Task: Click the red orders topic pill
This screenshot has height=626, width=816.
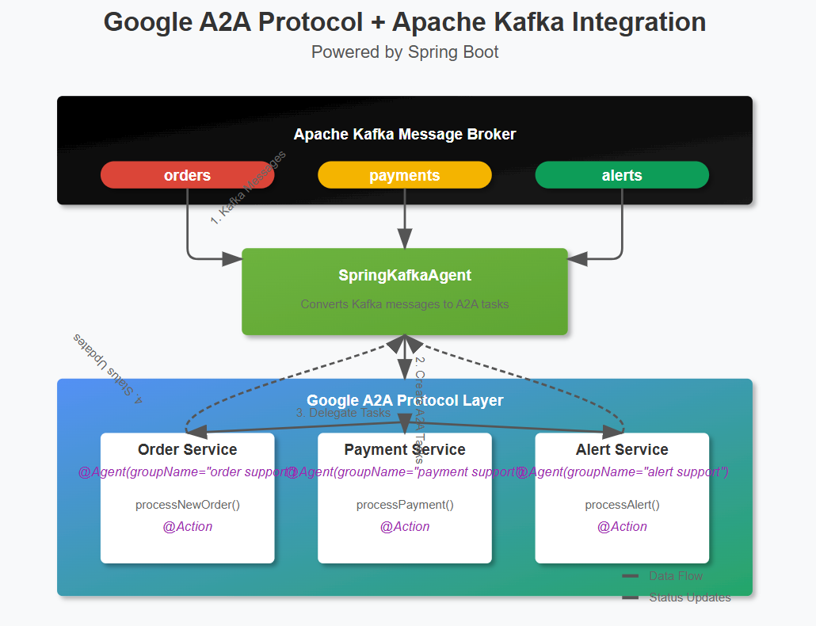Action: click(x=187, y=175)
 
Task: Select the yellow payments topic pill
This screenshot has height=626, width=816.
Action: click(x=404, y=175)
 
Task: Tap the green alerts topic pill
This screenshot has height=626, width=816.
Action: click(x=622, y=175)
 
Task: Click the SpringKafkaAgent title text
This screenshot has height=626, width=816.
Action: click(x=404, y=276)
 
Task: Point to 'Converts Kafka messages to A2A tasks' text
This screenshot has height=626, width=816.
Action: click(x=404, y=304)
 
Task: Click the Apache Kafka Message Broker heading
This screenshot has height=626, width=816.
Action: click(x=404, y=134)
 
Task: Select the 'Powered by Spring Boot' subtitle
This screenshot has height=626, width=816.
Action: click(x=404, y=52)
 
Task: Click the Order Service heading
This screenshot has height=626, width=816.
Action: click(x=187, y=449)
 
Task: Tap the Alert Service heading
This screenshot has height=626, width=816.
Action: click(x=622, y=449)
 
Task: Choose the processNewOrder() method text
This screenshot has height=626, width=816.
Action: click(x=187, y=505)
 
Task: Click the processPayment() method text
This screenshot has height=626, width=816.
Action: click(x=404, y=505)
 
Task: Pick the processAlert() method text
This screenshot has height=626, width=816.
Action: click(x=622, y=505)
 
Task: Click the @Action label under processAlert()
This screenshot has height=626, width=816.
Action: click(x=622, y=526)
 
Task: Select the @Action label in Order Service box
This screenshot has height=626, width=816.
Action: click(x=187, y=526)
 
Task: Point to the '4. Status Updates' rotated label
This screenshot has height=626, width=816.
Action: click(x=108, y=368)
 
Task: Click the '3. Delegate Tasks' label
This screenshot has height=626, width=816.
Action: click(x=343, y=413)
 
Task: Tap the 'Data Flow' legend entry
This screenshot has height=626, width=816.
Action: click(x=675, y=576)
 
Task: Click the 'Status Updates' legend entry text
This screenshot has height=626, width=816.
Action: click(x=689, y=597)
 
